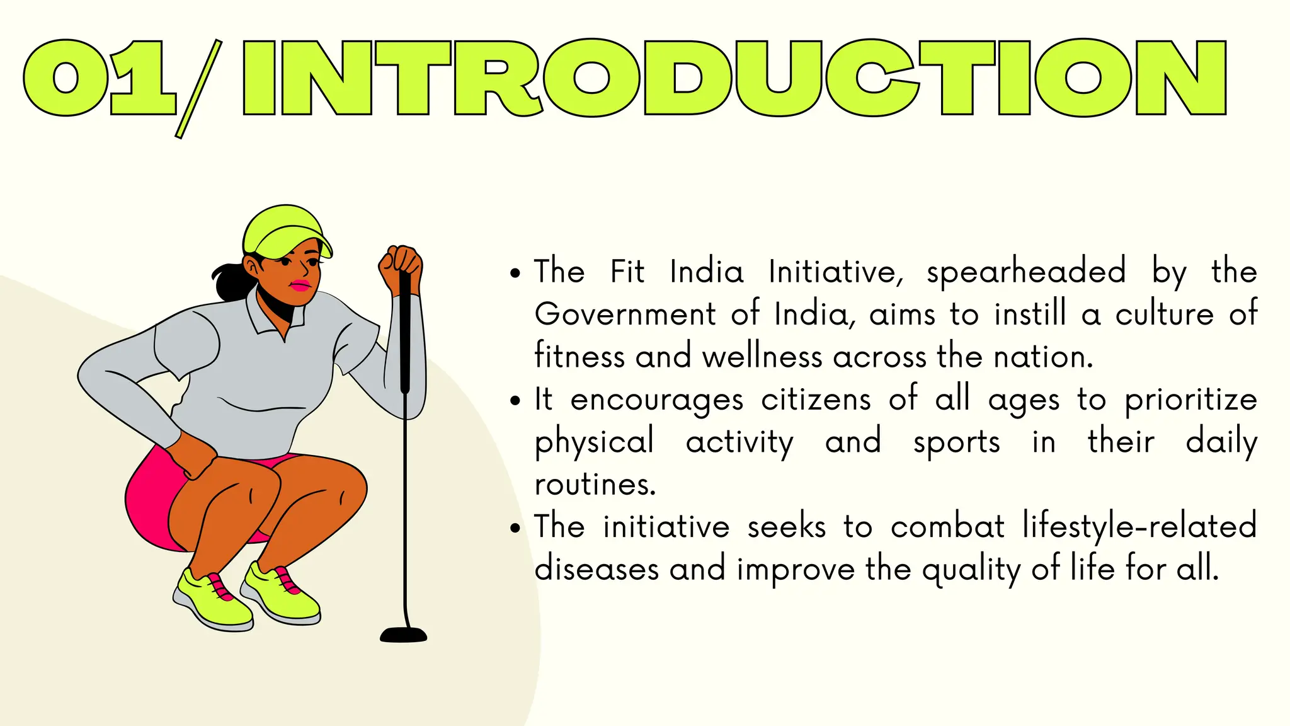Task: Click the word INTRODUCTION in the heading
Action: click(734, 78)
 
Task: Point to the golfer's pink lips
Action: click(300, 285)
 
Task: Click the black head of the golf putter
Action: click(404, 635)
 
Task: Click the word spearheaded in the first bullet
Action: click(1026, 272)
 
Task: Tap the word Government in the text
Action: click(625, 314)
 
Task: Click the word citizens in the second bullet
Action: click(816, 400)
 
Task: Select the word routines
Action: click(595, 485)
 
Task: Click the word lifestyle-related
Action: click(1139, 527)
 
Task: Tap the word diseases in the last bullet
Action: click(596, 569)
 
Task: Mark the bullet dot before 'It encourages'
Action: click(516, 401)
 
